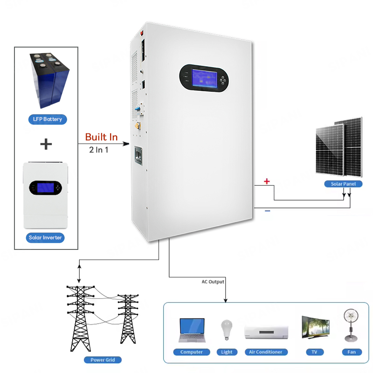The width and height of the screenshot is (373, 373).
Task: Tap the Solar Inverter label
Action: (x=45, y=238)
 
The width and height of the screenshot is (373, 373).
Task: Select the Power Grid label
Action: (x=103, y=359)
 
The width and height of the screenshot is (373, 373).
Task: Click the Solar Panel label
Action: (x=343, y=184)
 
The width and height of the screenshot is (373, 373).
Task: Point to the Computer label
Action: (x=192, y=352)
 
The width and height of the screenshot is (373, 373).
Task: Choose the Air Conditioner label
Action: (x=266, y=352)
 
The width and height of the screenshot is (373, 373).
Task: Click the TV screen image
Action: (x=316, y=327)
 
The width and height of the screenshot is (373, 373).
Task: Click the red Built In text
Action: (x=101, y=137)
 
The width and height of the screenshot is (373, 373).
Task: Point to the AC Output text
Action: (x=213, y=282)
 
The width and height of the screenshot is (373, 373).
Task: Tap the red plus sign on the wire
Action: (x=267, y=181)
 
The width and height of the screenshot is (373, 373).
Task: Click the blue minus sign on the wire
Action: (x=267, y=211)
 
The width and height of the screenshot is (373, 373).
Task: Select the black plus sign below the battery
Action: (x=46, y=144)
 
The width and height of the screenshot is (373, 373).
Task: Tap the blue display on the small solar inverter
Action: (x=44, y=188)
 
